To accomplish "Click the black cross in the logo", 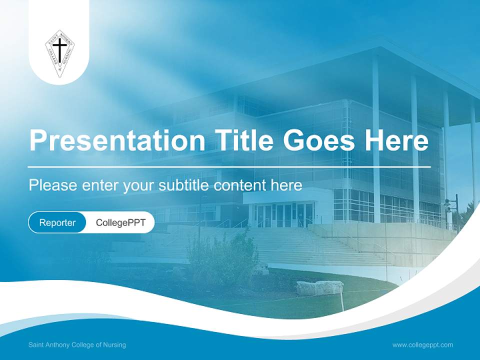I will (59, 50).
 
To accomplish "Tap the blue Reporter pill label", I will (57, 222).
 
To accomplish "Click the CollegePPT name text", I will (120, 222).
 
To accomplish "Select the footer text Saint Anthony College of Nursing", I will (77, 345).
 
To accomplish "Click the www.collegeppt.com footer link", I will (422, 345).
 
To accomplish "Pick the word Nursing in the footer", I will (114, 345).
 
